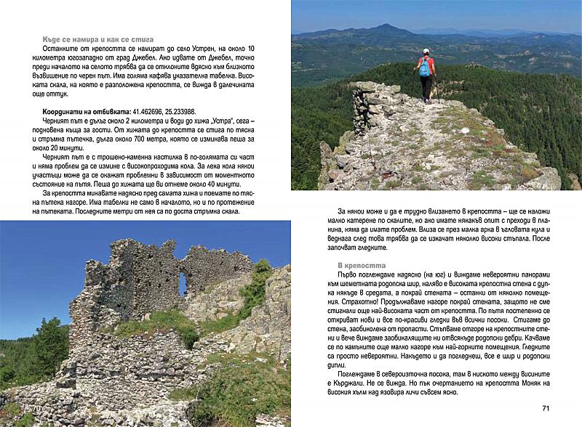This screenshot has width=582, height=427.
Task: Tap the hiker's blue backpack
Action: pyautogui.click(x=425, y=68)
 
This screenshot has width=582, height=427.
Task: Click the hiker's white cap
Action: pyautogui.click(x=426, y=51)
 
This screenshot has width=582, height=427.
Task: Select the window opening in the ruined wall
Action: pyautogui.click(x=182, y=282)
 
